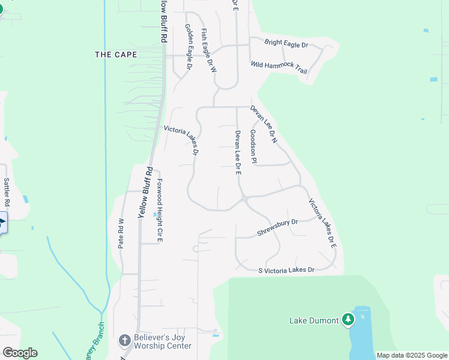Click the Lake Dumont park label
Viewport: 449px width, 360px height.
tap(314, 320)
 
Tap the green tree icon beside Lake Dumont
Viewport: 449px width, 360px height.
tap(348, 319)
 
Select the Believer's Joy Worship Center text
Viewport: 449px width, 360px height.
tap(163, 342)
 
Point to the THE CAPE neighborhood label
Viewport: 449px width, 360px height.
tap(116, 55)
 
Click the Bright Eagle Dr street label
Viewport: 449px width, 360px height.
tap(286, 44)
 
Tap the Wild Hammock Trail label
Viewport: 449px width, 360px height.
tap(279, 67)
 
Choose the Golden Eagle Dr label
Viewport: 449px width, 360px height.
tap(188, 47)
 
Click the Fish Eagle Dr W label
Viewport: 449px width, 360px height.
tap(208, 51)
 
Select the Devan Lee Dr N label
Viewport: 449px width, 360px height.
tap(264, 124)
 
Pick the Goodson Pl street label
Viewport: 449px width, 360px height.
tap(253, 146)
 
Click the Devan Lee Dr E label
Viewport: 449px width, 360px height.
tap(238, 152)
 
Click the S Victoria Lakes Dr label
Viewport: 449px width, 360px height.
tap(286, 271)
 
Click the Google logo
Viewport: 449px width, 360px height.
tap(20, 353)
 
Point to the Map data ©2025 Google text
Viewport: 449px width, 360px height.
tap(412, 355)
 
